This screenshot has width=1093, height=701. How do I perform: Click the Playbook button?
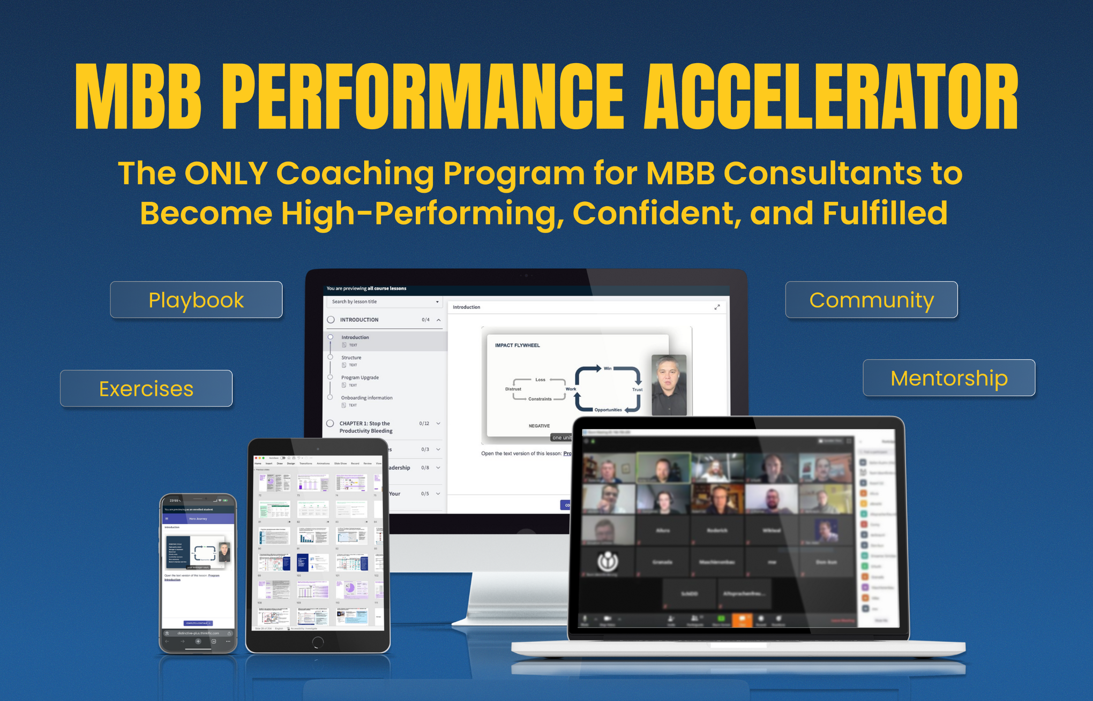tap(196, 300)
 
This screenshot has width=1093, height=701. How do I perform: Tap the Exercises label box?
tap(146, 389)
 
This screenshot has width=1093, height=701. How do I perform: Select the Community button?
tap(871, 300)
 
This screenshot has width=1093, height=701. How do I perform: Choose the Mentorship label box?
tap(949, 378)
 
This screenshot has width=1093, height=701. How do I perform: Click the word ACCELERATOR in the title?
tap(830, 97)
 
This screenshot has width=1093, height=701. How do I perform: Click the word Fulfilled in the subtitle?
tap(885, 213)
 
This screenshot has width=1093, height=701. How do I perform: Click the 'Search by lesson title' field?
tap(384, 302)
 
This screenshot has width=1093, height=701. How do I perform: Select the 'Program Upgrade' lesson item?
tap(360, 378)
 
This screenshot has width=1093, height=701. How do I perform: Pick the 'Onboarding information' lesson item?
tap(366, 398)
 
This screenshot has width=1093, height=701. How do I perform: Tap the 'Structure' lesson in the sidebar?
tap(351, 358)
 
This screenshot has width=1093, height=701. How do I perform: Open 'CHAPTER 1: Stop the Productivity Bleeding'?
tap(366, 427)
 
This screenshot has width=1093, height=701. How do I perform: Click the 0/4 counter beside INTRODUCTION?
tap(425, 320)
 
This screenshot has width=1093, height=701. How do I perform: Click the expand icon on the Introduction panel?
tap(717, 307)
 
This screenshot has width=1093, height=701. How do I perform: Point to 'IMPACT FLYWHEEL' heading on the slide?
tap(517, 345)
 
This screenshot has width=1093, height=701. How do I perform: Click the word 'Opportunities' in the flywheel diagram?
tap(608, 410)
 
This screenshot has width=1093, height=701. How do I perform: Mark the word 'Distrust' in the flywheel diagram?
tap(513, 389)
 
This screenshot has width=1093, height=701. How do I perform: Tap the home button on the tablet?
tap(318, 642)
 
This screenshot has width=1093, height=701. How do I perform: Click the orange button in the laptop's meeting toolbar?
tap(742, 620)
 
